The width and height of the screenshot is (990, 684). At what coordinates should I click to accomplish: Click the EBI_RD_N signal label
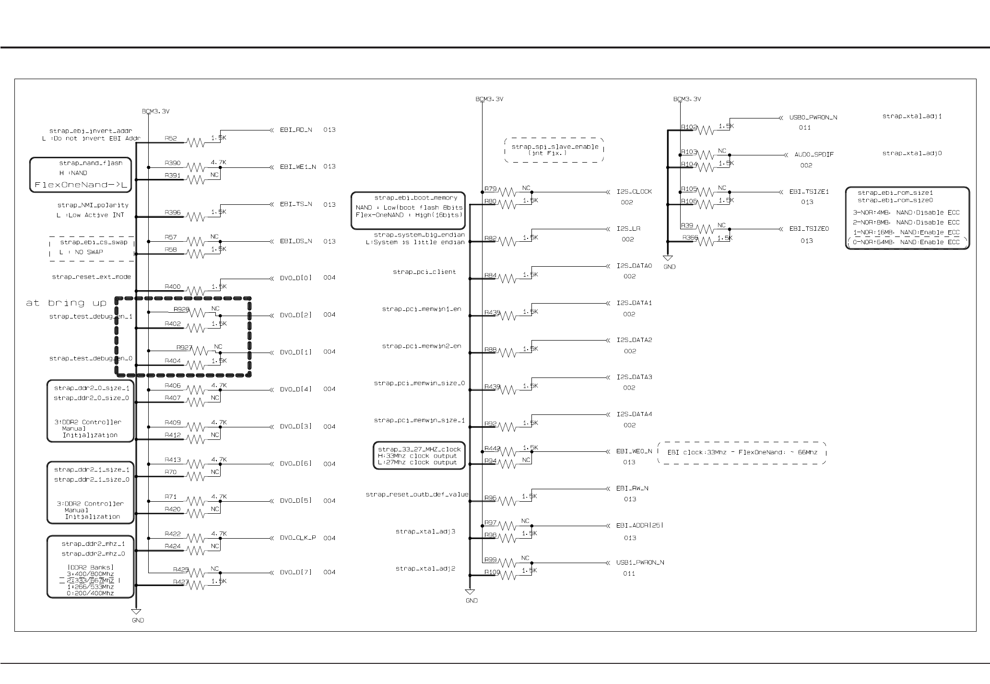296,130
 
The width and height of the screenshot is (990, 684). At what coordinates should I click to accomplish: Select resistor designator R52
171,139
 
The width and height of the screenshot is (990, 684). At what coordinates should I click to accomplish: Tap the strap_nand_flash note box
81,175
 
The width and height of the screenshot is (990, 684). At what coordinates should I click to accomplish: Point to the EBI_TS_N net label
296,204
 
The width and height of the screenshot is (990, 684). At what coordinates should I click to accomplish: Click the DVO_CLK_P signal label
298,538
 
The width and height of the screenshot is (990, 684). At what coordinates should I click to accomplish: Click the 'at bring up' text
66,303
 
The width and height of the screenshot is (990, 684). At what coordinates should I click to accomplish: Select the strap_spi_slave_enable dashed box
554,150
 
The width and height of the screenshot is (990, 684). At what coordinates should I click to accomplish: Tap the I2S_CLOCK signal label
634,192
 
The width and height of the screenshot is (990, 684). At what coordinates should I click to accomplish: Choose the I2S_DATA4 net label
634,414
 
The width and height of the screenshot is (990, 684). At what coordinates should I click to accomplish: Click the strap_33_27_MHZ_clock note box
419,455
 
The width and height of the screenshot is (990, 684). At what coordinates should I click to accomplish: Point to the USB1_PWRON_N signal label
640,562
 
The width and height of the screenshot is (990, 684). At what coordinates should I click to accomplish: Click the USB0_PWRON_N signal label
813,118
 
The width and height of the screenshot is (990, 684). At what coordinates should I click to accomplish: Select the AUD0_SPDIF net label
814,155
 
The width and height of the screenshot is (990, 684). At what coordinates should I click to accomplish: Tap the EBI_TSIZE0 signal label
809,229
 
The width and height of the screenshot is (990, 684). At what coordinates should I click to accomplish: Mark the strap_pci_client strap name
424,272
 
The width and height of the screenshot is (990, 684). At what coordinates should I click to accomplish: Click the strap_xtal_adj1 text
912,116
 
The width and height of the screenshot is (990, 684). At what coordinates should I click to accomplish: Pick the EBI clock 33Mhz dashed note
742,453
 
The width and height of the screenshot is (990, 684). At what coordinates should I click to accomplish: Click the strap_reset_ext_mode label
91,277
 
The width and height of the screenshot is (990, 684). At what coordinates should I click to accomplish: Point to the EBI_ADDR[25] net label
640,525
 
